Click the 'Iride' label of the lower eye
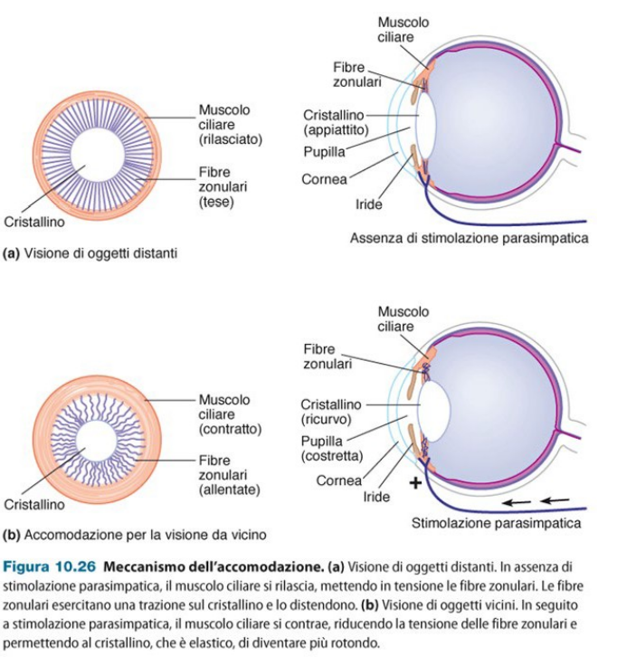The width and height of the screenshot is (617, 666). (377, 497)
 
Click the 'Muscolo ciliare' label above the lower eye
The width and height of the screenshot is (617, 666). (403, 319)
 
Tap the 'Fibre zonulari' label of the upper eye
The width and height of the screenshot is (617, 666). (356, 74)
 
